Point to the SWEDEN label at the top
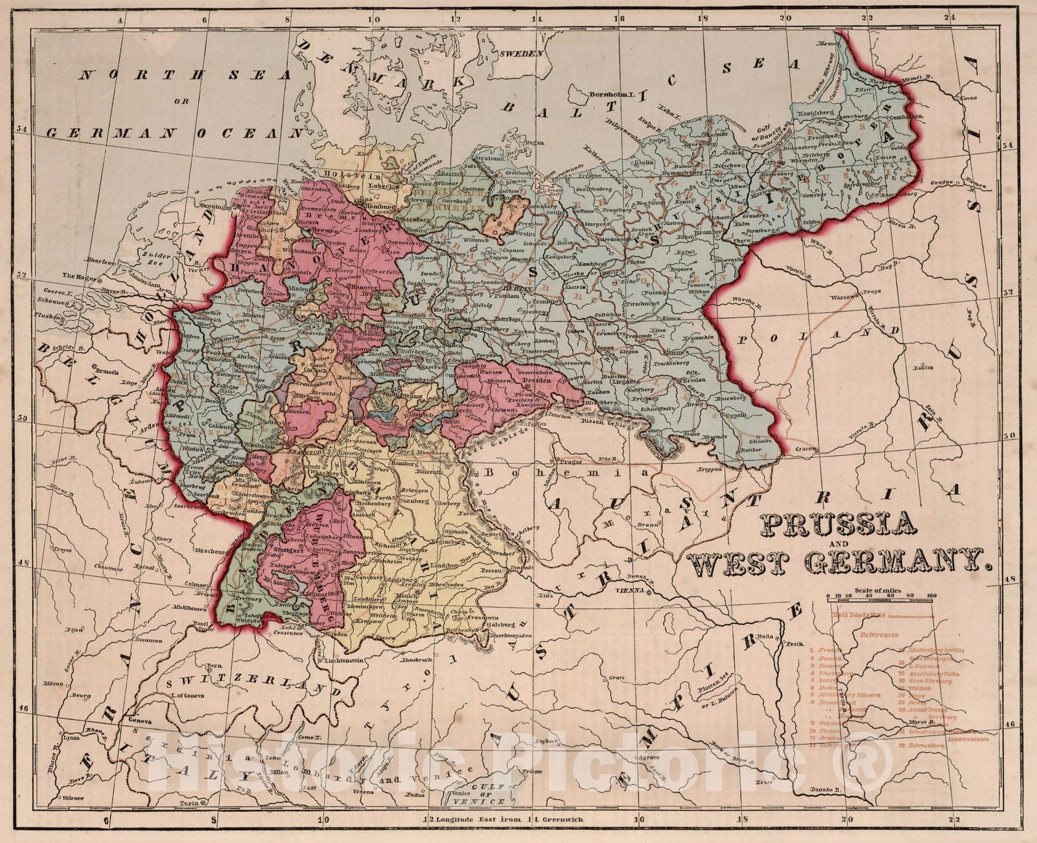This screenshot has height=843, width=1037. (x=521, y=54)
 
